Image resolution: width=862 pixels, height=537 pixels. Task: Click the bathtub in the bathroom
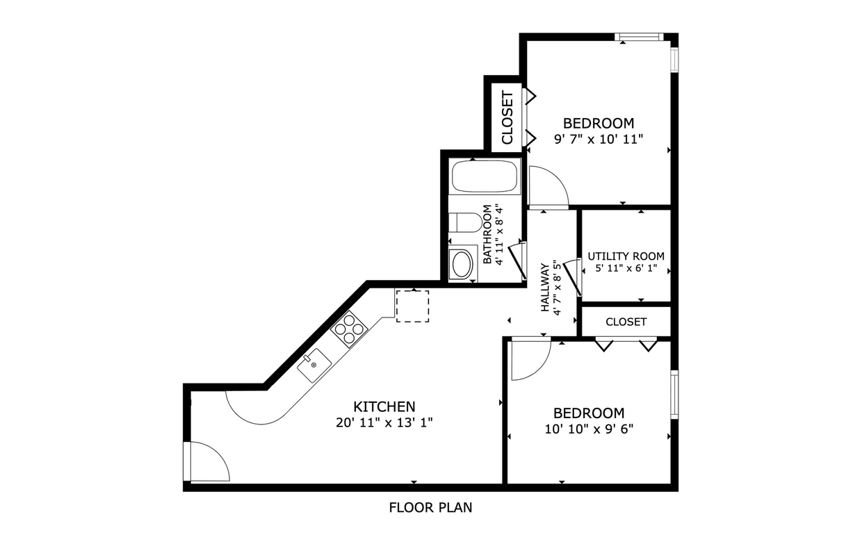pyautogui.click(x=485, y=176)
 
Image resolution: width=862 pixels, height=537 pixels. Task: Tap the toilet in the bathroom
pyautogui.click(x=462, y=222)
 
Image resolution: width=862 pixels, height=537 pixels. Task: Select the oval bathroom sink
pyautogui.click(x=461, y=264)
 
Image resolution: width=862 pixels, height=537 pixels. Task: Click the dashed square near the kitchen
pyautogui.click(x=412, y=306)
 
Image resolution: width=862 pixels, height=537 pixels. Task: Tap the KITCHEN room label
pyautogui.click(x=384, y=406)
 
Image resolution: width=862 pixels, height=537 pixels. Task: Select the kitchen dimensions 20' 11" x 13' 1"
pyautogui.click(x=384, y=422)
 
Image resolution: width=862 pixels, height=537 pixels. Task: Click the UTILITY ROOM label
pyautogui.click(x=626, y=256)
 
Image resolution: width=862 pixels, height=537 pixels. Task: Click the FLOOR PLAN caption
pyautogui.click(x=430, y=508)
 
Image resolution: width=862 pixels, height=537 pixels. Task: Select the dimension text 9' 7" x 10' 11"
pyautogui.click(x=599, y=139)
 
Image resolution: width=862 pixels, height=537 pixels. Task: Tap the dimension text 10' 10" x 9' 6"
pyautogui.click(x=589, y=429)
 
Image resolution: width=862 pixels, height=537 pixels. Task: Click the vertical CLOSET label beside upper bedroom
pyautogui.click(x=507, y=117)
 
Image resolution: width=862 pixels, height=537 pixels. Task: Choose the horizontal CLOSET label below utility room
pyautogui.click(x=626, y=322)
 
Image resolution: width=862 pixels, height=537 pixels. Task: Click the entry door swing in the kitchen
pyautogui.click(x=207, y=462)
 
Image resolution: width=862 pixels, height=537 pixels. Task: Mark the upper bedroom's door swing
pyautogui.click(x=547, y=186)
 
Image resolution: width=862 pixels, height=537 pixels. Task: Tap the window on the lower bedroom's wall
pyautogui.click(x=674, y=395)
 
